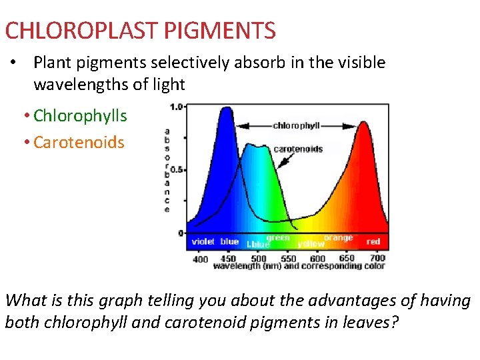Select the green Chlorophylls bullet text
coord(80,116)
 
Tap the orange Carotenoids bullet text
coord(79,142)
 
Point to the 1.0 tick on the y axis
coord(177,107)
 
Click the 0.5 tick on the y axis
coord(177,169)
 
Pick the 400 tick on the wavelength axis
coord(200,259)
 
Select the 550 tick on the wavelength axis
coord(289,259)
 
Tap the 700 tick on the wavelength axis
coord(377,259)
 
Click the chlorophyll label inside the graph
coord(297,125)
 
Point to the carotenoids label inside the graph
coord(298,149)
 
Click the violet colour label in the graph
coord(203,241)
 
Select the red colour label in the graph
coord(373,241)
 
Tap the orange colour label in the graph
coord(338,237)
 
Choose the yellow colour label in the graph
coord(311,244)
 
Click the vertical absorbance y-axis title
coord(167,170)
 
